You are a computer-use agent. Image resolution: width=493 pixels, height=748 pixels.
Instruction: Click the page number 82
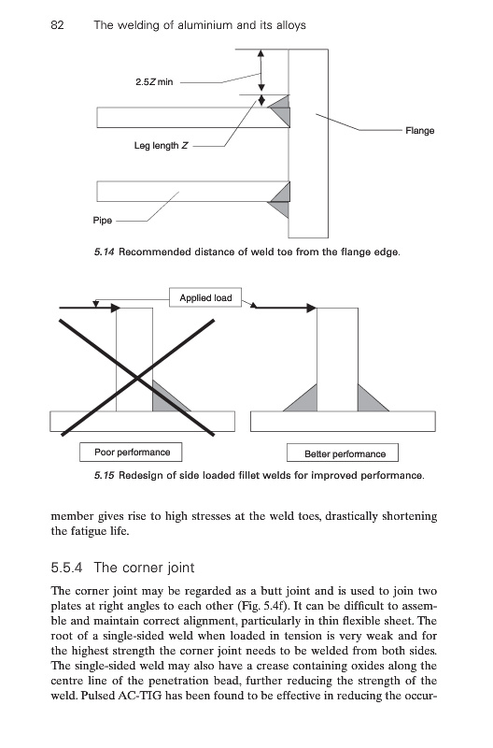point(57,25)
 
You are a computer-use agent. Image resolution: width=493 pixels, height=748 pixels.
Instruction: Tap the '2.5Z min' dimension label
point(154,82)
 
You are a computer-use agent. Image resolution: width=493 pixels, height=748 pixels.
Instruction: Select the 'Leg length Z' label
point(161,146)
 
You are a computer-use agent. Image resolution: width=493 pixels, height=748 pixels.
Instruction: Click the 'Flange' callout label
point(419,131)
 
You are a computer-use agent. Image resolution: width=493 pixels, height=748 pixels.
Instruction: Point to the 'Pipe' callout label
point(103,221)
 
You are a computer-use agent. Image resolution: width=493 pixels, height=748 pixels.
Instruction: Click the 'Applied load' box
point(205,297)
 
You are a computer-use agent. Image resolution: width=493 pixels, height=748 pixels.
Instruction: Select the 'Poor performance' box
point(131,453)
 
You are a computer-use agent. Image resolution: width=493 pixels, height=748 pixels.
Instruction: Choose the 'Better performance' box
point(343,453)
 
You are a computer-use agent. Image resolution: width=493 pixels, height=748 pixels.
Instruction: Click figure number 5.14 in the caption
point(105,252)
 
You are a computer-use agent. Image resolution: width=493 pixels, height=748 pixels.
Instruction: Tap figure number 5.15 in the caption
point(105,476)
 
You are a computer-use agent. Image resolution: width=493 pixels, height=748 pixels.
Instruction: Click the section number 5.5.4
point(66,568)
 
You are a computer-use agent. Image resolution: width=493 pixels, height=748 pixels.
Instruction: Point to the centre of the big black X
point(137,379)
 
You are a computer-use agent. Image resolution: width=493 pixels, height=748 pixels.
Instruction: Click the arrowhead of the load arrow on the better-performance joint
point(312,309)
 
